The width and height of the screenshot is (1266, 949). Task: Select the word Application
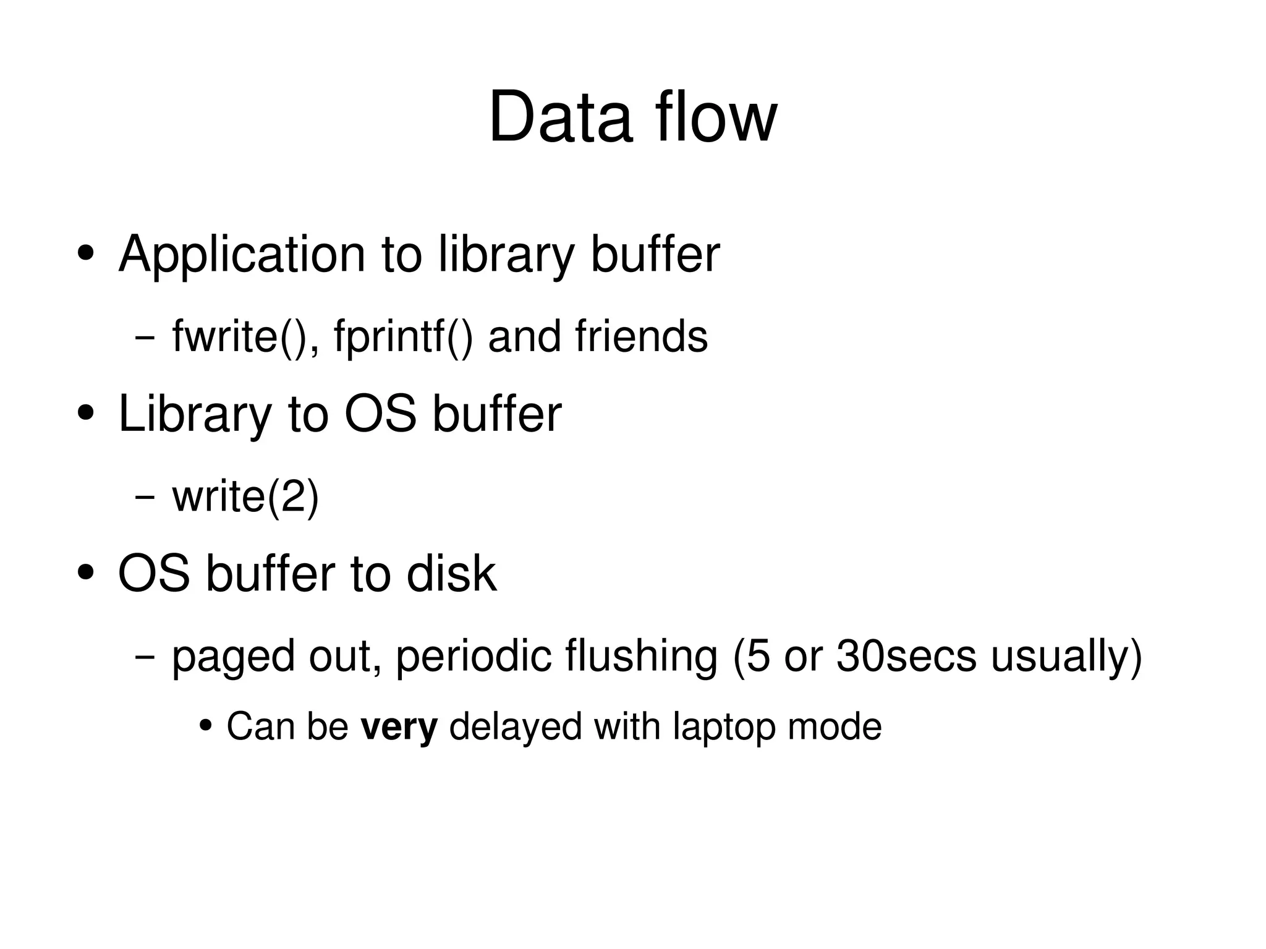coord(242,255)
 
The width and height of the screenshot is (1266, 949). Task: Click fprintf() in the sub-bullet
coord(403,337)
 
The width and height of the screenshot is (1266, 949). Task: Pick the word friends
coord(641,337)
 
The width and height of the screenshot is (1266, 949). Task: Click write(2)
coord(245,496)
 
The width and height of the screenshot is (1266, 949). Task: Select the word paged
coord(233,657)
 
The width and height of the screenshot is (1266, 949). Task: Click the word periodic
coord(474,657)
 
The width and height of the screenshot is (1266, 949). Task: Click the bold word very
coord(399,727)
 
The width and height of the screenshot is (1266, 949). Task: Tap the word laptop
coord(724,727)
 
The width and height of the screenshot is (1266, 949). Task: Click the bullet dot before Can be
coord(206,725)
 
